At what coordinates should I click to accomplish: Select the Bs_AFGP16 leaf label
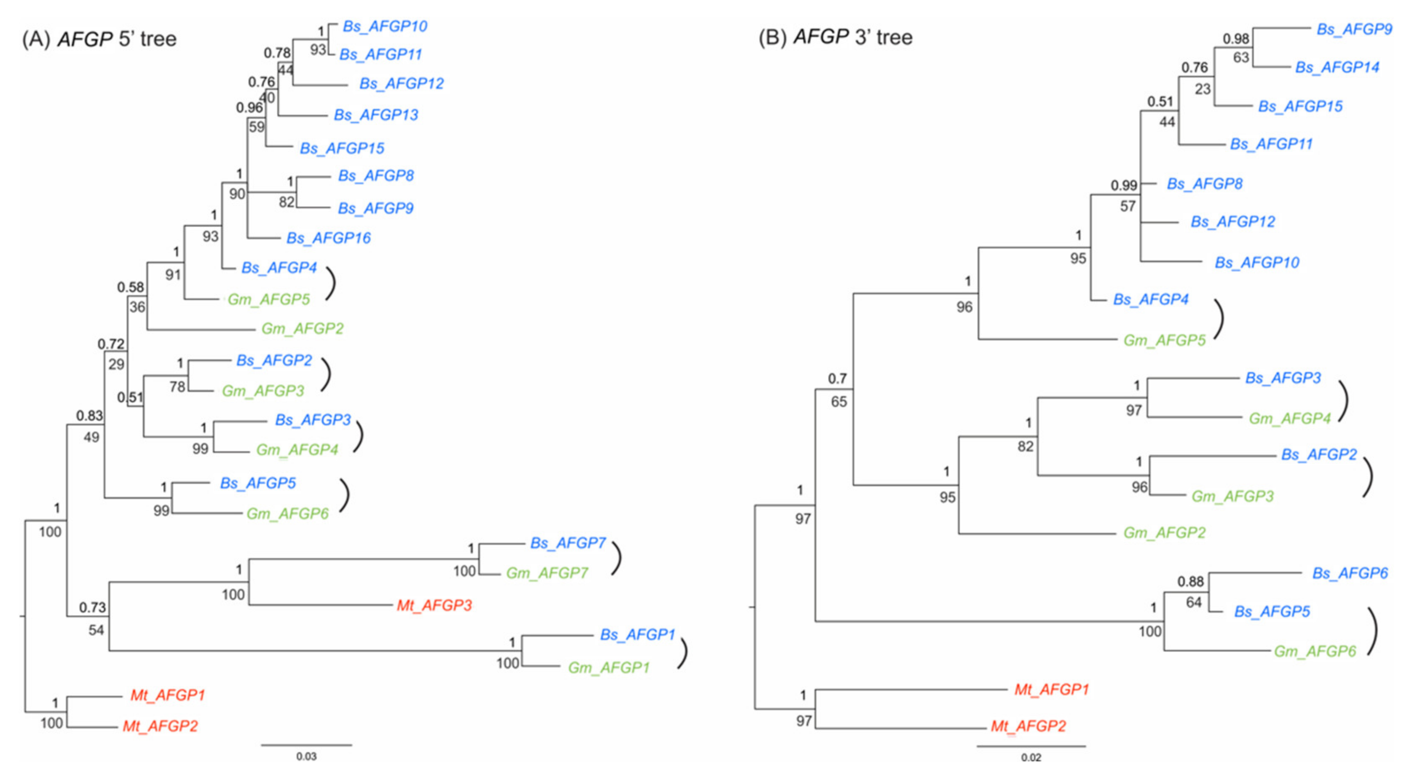(x=328, y=238)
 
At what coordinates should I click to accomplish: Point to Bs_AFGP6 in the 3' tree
(x=1350, y=573)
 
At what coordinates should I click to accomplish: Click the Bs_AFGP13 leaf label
(x=376, y=115)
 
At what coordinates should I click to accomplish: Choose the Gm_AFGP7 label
(x=546, y=573)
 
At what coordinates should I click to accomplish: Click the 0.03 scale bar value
(x=306, y=757)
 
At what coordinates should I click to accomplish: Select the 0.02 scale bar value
(x=1031, y=758)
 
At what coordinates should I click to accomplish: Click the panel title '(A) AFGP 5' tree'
(x=99, y=39)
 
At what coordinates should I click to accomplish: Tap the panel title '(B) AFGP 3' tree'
(x=835, y=37)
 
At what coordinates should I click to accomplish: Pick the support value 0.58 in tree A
(x=130, y=287)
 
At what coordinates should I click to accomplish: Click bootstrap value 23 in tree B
(x=1202, y=89)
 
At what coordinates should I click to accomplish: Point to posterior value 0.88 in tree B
(x=1190, y=582)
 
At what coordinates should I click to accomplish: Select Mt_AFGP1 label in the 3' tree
(x=1051, y=689)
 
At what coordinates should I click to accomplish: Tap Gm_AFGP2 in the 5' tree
(x=302, y=328)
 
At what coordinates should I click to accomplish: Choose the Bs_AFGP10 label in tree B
(x=1256, y=263)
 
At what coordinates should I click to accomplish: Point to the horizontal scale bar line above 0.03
(x=306, y=744)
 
